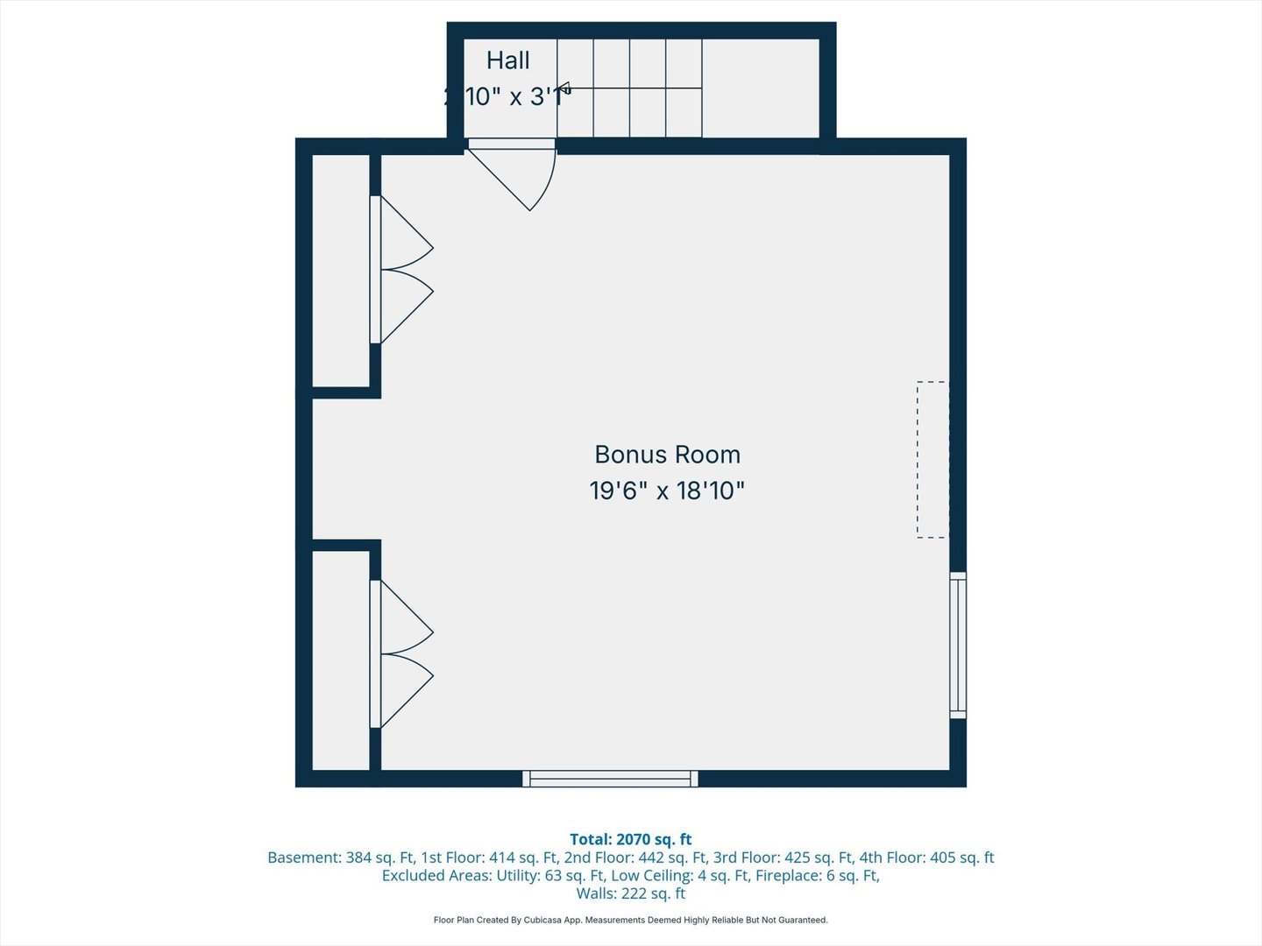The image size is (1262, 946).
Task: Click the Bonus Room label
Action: click(667, 455)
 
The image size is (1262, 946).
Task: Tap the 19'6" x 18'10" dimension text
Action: click(667, 491)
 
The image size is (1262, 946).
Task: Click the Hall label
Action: click(508, 60)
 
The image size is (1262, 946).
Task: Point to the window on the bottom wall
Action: click(610, 779)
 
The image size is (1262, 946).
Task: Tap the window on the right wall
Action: click(958, 646)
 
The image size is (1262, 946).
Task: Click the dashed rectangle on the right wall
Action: click(932, 460)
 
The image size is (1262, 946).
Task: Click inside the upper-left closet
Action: click(341, 270)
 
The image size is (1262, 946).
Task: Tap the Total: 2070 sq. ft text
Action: click(630, 839)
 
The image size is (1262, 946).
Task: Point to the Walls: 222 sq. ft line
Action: click(630, 893)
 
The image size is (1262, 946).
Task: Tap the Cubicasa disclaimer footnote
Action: click(630, 920)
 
